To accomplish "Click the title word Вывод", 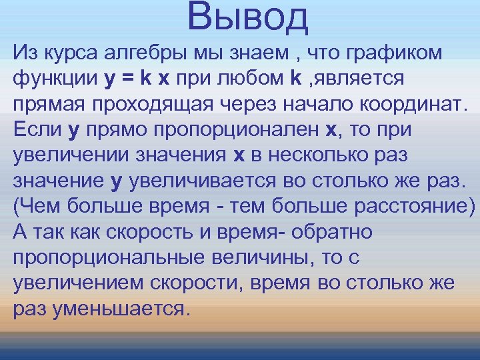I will [x=248, y=18].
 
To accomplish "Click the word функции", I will [x=55, y=79].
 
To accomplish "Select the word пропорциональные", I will [x=103, y=257].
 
